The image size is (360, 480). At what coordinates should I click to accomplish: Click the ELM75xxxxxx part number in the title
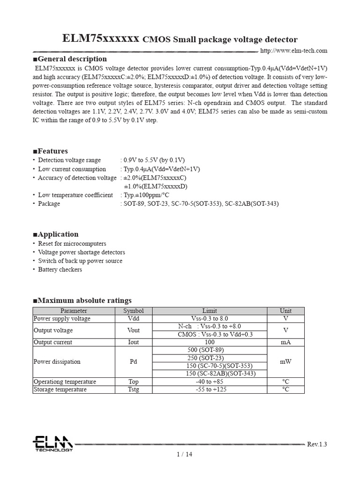tap(101, 39)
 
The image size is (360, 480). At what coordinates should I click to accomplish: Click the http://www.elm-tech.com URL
tap(293, 51)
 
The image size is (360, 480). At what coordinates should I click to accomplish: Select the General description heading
tap(70, 59)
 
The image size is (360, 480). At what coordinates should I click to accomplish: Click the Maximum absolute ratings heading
tap(82, 300)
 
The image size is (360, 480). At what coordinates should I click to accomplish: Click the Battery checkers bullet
tap(60, 270)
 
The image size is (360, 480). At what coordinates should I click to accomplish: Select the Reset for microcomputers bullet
tap(72, 244)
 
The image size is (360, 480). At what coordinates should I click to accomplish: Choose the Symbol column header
tap(134, 311)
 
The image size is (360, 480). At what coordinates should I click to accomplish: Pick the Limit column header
tap(210, 311)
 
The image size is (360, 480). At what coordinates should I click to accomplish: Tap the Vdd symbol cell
tap(134, 319)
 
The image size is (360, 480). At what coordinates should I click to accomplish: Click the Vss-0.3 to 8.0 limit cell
tap(210, 319)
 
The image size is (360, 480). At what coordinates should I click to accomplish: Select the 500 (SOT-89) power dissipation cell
tap(210, 350)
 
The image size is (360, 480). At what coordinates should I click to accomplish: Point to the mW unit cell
tap(285, 362)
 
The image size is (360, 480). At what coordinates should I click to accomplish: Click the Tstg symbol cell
tap(134, 390)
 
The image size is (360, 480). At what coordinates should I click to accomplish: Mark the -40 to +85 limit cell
tap(210, 382)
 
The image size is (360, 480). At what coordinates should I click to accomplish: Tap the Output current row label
tap(53, 342)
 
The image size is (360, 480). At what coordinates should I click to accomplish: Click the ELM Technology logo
tap(52, 443)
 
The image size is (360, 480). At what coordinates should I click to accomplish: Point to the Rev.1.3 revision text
tap(317, 444)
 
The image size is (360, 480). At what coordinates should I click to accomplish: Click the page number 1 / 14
tap(184, 454)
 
